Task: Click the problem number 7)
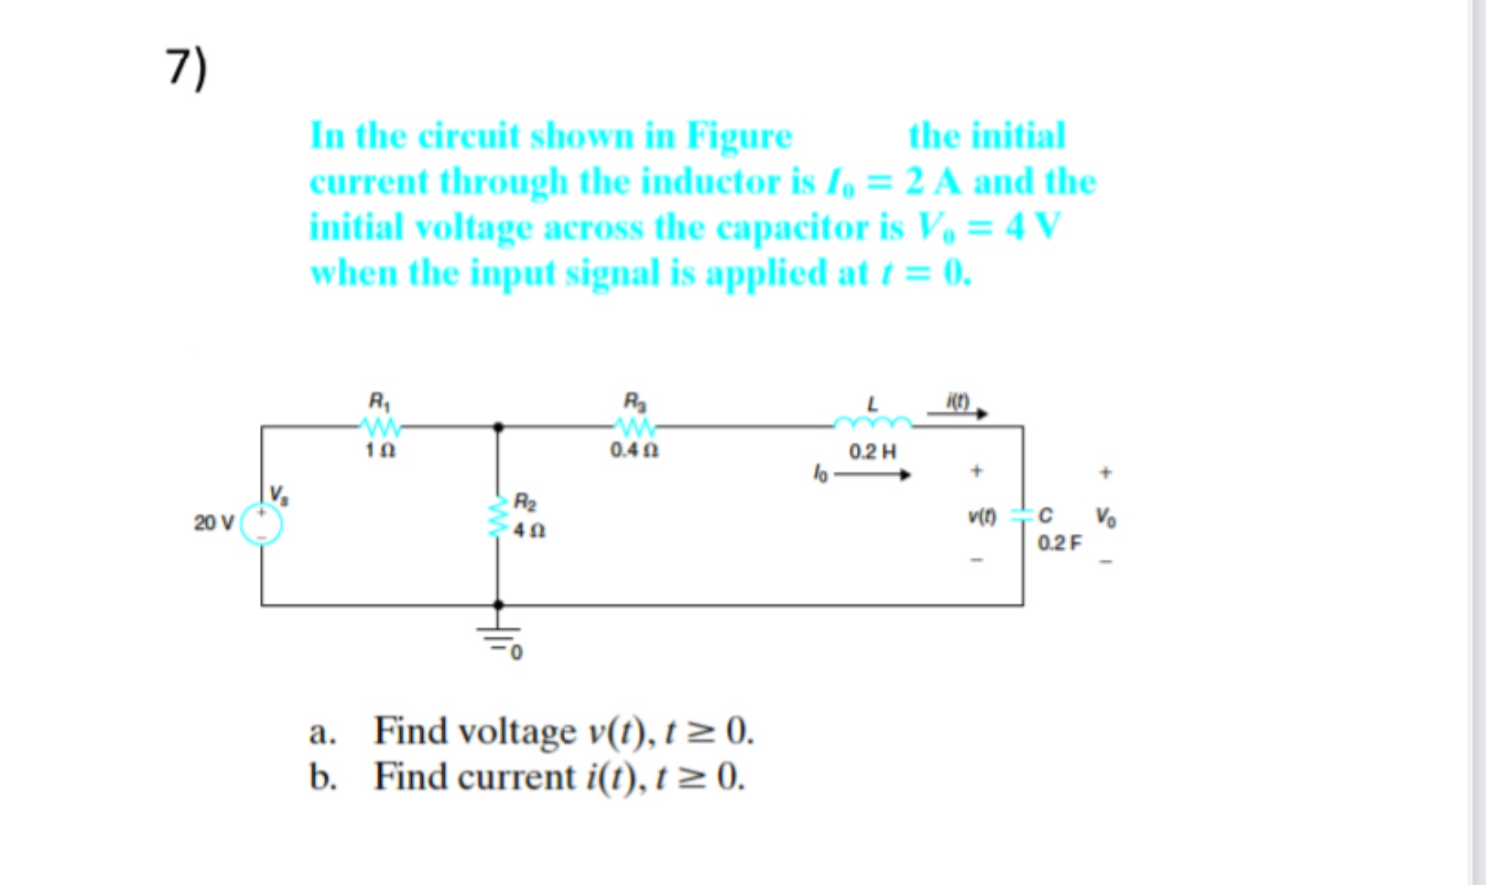coord(187,69)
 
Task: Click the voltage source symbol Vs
coord(261,523)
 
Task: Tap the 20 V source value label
coord(213,523)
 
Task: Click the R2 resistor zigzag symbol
coord(498,516)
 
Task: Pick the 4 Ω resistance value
coord(529,530)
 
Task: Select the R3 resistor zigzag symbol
coord(635,426)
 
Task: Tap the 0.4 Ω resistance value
coord(635,450)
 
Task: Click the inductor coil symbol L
coord(872,423)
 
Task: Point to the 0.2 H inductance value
coord(872,451)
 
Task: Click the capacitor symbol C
coord(1023,515)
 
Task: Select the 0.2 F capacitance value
coord(1058,543)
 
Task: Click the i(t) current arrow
coord(958,413)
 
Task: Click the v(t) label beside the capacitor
coord(982,516)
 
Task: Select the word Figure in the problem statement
coord(739,136)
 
